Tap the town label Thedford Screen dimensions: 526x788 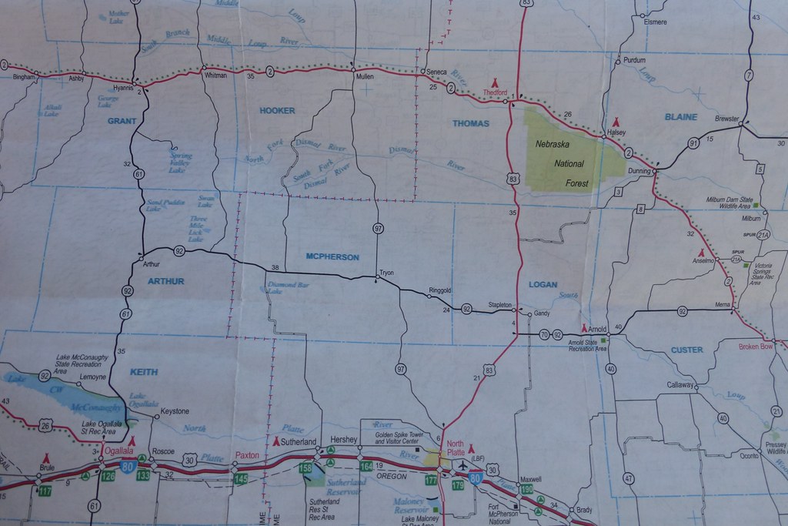[x=495, y=92]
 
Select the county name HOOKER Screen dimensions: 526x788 [x=277, y=111]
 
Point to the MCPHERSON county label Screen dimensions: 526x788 [x=332, y=256]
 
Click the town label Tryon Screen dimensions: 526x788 [x=386, y=273]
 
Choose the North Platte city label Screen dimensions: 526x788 [x=455, y=447]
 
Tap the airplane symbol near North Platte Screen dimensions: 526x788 [x=462, y=464]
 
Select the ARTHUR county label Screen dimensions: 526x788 [x=166, y=281]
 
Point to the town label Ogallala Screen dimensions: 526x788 [x=119, y=451]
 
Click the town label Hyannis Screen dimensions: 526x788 [x=123, y=88]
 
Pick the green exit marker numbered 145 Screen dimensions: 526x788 [x=241, y=479]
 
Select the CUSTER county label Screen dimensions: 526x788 [x=686, y=350]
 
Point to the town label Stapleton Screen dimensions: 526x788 [x=500, y=305]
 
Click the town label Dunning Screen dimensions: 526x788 [x=639, y=171]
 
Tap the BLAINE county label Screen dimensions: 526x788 [x=680, y=117]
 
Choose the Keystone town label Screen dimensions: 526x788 [x=175, y=411]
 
